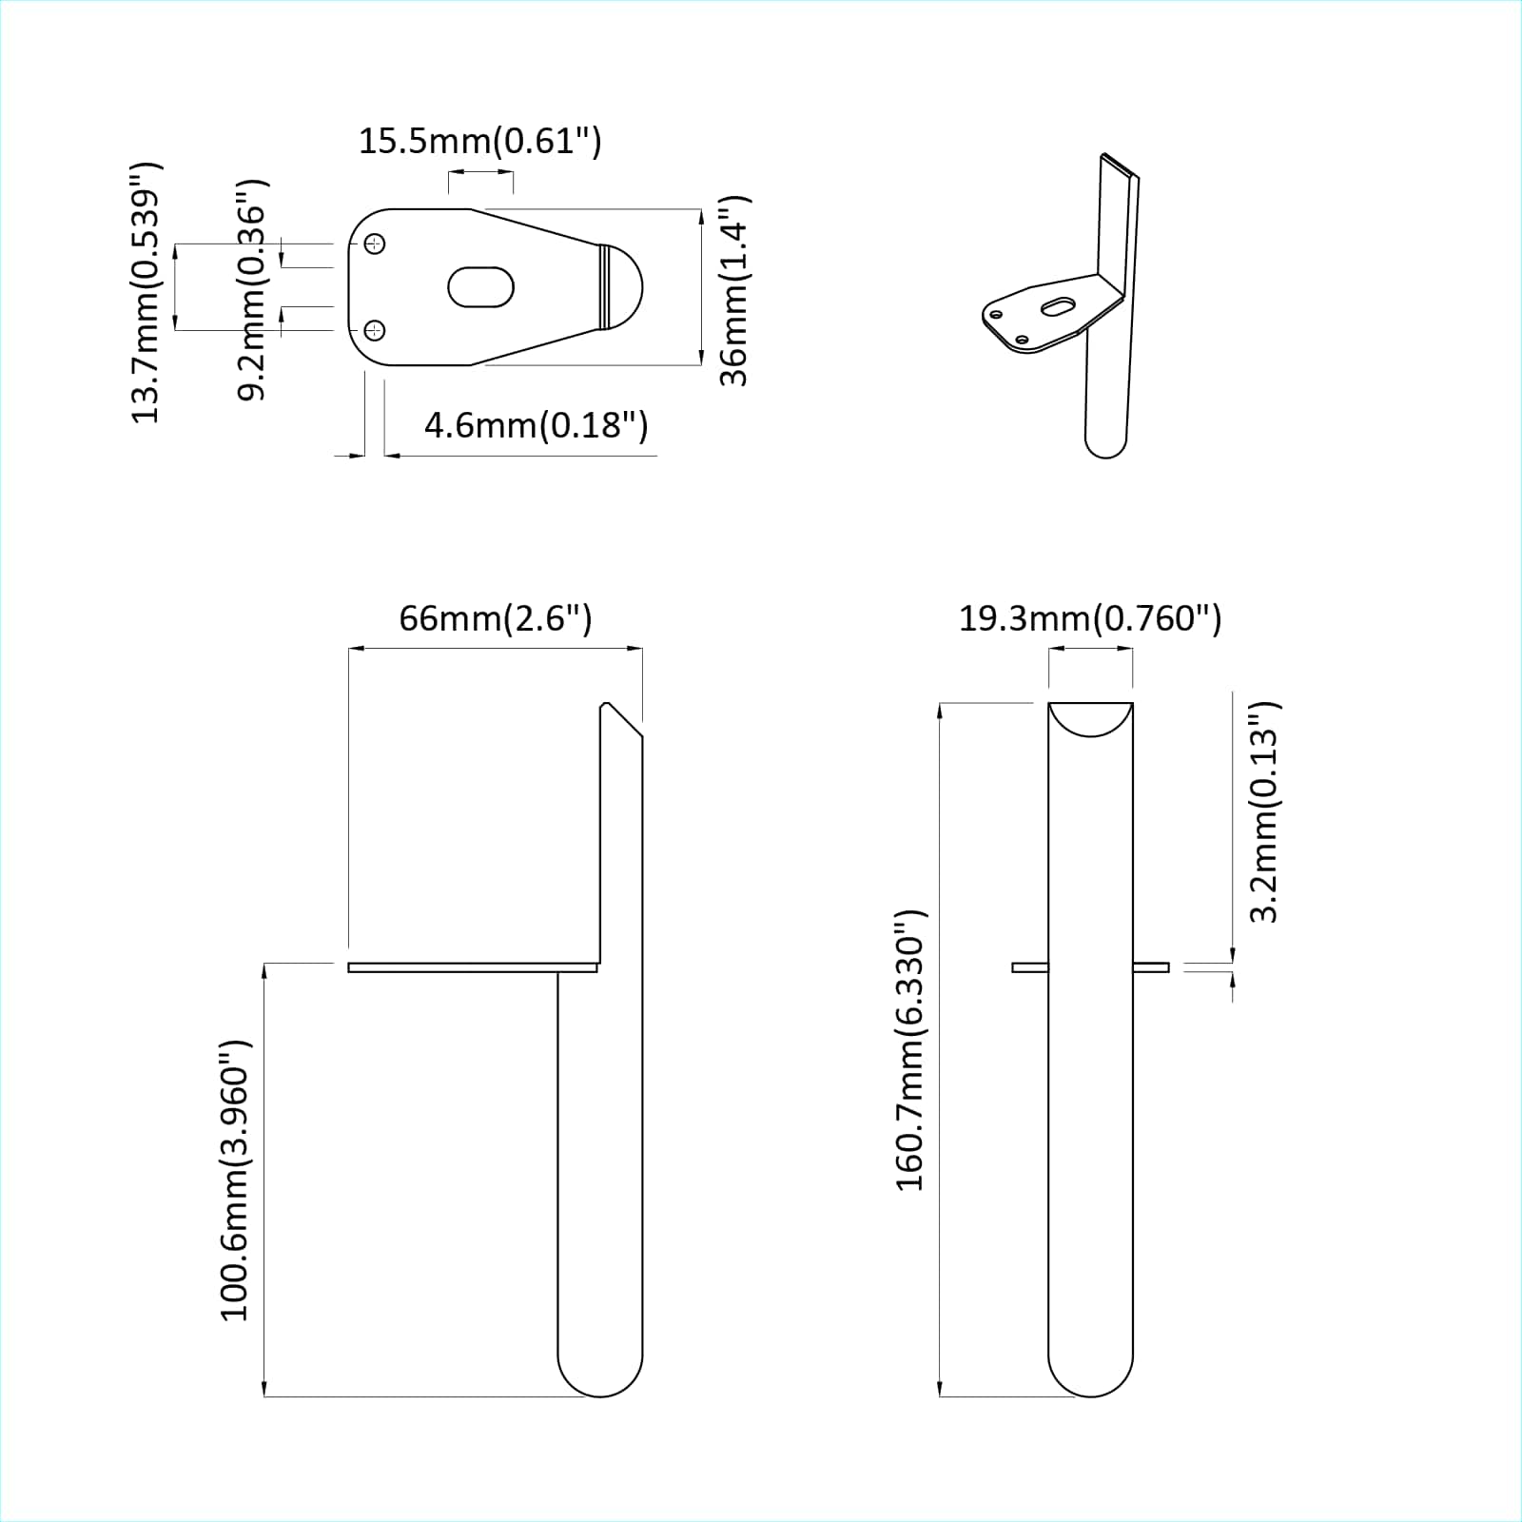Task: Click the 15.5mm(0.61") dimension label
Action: [x=479, y=142]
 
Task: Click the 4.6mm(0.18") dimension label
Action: [x=536, y=424]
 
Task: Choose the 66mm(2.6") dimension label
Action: [x=495, y=618]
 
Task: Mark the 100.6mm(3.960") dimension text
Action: [x=235, y=1180]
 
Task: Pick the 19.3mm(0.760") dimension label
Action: [x=1089, y=618]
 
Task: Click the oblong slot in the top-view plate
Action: [x=480, y=287]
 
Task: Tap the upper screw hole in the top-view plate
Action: [x=376, y=244]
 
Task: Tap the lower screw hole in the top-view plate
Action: [x=376, y=330]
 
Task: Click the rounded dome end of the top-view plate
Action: [x=624, y=287]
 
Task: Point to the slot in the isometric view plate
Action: [x=1058, y=306]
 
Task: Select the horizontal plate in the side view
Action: [x=473, y=967]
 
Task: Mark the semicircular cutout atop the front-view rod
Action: [x=1090, y=717]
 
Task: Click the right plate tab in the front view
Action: [x=1150, y=967]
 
